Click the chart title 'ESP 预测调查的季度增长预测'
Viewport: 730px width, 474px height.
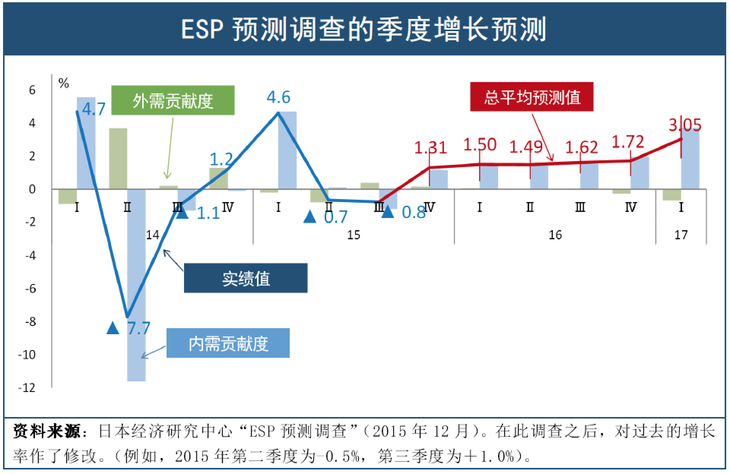pos(364,29)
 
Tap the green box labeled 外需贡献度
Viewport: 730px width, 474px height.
pos(173,101)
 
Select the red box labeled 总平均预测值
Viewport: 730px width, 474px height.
pos(532,97)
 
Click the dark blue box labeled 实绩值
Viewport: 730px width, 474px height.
pos(246,278)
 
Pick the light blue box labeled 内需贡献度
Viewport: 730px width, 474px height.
pos(228,343)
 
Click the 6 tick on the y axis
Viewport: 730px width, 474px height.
pos(32,90)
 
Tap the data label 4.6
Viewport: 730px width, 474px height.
pos(279,98)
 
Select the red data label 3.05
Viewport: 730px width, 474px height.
pos(685,125)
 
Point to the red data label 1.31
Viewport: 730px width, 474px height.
pos(430,147)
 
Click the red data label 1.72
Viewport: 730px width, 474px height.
pos(628,142)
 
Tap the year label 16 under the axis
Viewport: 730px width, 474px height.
pos(555,235)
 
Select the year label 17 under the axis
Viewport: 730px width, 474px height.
pos(681,235)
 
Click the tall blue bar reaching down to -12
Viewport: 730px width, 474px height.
pos(136,285)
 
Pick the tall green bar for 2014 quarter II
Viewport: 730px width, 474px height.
pos(118,158)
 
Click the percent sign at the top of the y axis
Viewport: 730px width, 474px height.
pos(64,83)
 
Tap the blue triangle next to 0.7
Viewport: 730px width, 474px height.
pos(310,217)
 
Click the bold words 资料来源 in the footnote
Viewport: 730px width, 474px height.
pos(46,432)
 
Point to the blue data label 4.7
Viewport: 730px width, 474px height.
pos(94,109)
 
